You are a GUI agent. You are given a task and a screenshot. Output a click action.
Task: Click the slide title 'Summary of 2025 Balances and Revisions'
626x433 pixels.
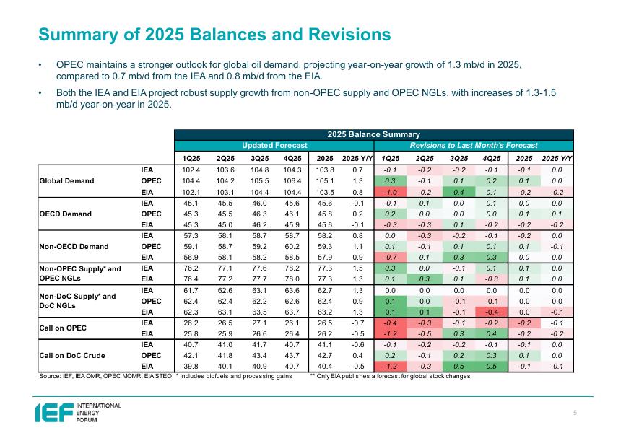point(215,35)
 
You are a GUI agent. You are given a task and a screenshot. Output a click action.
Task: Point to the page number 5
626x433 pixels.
point(575,412)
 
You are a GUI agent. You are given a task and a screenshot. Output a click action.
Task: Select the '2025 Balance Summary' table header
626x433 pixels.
point(373,134)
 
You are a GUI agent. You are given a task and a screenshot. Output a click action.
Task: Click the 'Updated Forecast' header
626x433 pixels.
point(274,146)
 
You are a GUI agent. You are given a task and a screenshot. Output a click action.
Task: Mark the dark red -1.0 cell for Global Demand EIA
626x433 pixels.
point(390,192)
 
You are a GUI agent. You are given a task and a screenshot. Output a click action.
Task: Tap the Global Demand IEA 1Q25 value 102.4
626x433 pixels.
point(192,169)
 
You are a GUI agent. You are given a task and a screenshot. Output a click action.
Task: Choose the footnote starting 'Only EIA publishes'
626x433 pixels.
point(390,376)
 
